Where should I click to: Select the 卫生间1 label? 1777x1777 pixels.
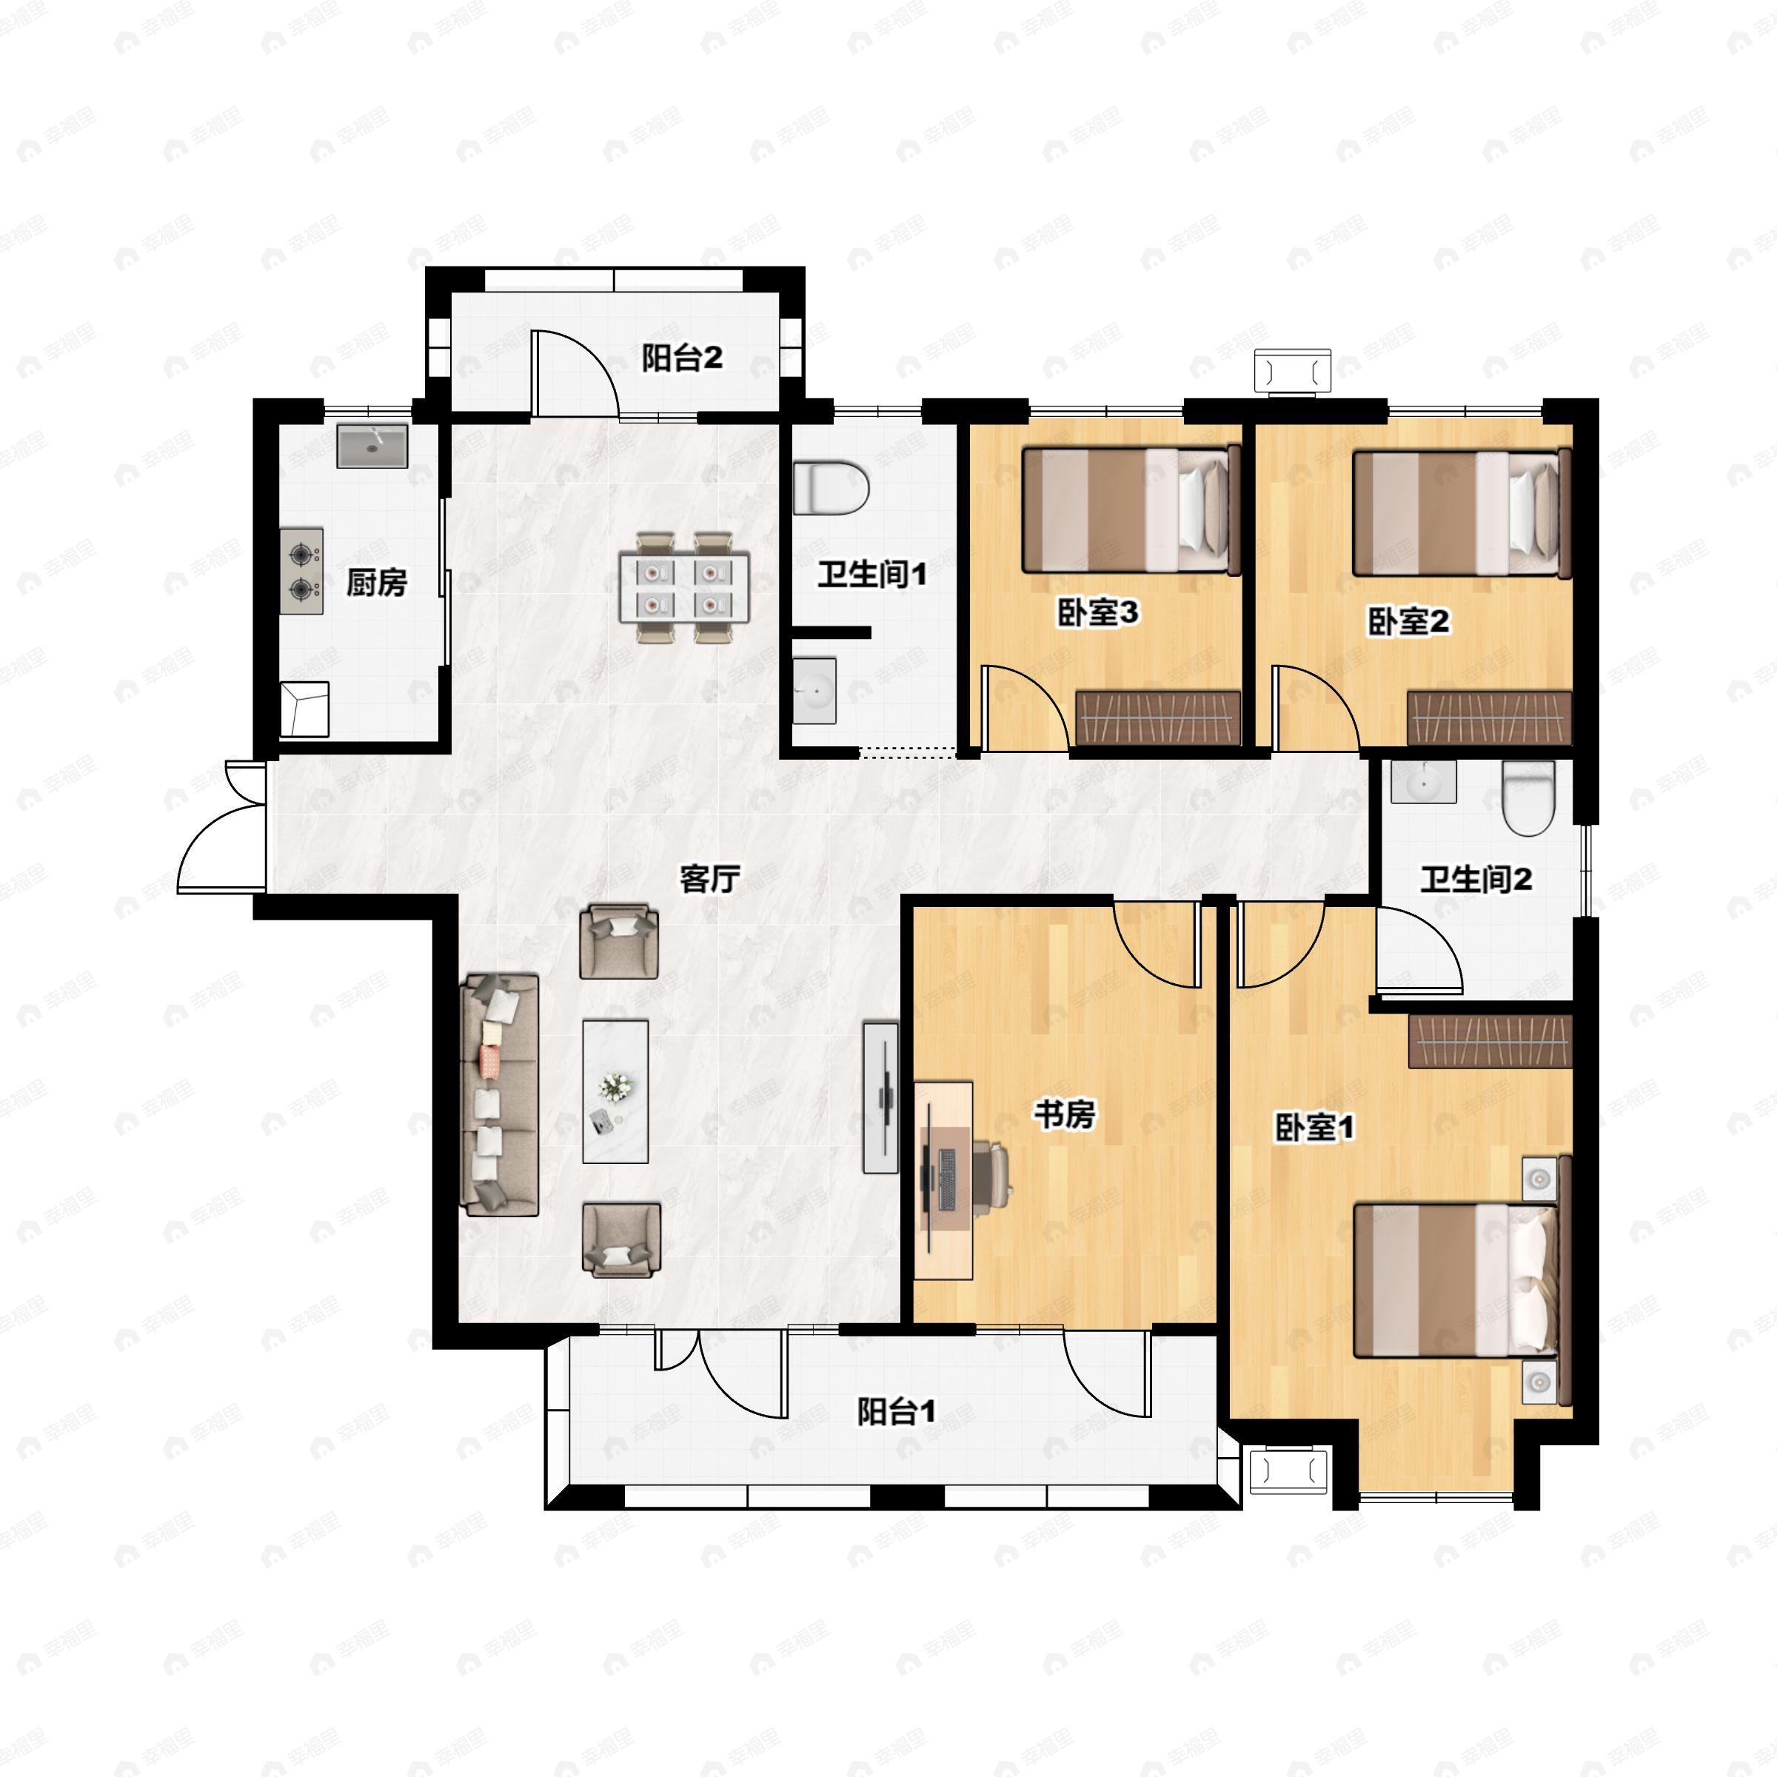pos(872,575)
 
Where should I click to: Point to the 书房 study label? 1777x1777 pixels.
pos(1064,1115)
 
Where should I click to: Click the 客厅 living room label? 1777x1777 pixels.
pos(710,880)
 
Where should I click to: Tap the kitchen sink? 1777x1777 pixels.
pos(372,446)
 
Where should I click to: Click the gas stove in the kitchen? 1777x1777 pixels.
pos(301,571)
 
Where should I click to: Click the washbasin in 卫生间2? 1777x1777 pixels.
pos(1424,782)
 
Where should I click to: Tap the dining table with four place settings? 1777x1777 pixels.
pos(683,588)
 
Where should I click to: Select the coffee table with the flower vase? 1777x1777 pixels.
pos(615,1092)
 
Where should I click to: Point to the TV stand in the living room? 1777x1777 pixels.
pos(880,1097)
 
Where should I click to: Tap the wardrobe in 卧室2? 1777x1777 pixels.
pos(1489,717)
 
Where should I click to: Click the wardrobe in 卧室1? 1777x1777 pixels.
pos(1490,1042)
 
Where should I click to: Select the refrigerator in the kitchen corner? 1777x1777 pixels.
pos(304,709)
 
